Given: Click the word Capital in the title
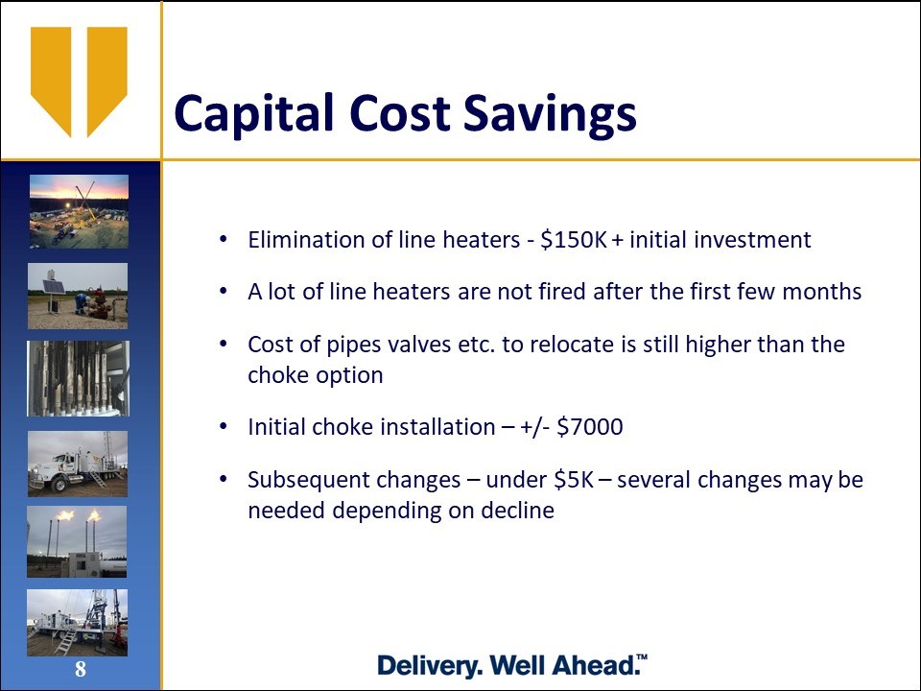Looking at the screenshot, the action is coord(253,113).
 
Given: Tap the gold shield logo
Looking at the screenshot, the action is coord(79,82).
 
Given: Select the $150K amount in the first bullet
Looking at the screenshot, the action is coord(574,240).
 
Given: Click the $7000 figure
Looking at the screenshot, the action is coord(590,426).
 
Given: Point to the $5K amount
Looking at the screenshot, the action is coord(575,480).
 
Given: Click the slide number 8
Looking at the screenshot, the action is coord(81,669).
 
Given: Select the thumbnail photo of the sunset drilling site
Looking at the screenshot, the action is coord(79,211).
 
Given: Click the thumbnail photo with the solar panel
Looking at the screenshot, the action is coord(78,297).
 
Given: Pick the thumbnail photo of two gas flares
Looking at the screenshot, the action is coord(77,541).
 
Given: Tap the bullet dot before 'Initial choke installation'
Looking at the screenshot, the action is coord(223,426).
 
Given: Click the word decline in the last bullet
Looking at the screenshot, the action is coord(517,510).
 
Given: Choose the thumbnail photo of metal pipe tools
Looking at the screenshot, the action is coord(78,378).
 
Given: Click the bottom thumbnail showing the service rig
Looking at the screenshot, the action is coord(77,623).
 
